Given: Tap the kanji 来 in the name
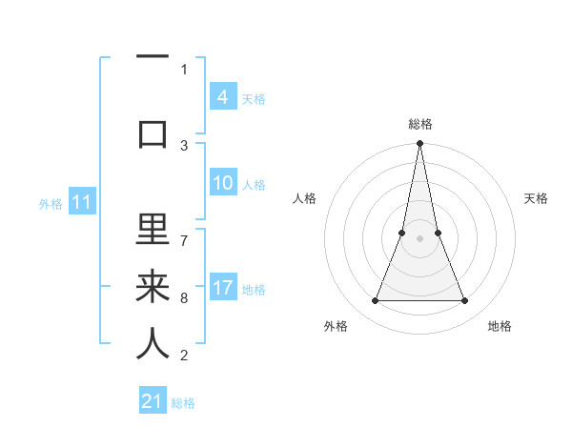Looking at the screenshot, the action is pyautogui.click(x=153, y=287).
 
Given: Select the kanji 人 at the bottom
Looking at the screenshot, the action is pyautogui.click(x=153, y=343).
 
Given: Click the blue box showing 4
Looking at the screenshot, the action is pyautogui.click(x=222, y=96).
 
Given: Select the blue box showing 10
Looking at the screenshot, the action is pyautogui.click(x=223, y=183).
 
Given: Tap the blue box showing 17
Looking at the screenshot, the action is pyautogui.click(x=223, y=288).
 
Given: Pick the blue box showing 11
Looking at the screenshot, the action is pyautogui.click(x=81, y=202).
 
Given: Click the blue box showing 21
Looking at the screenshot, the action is pyautogui.click(x=153, y=401).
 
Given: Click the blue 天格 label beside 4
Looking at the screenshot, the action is pyautogui.click(x=254, y=98).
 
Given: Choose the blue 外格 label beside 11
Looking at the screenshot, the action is pyautogui.click(x=51, y=203).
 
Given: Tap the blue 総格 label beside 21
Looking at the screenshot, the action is pyautogui.click(x=183, y=403).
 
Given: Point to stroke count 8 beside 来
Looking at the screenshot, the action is pyautogui.click(x=184, y=298).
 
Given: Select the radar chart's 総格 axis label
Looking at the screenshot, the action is pyautogui.click(x=419, y=124).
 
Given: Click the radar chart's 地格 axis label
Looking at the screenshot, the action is pyautogui.click(x=500, y=326).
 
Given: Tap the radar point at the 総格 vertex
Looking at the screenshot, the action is pyautogui.click(x=419, y=143).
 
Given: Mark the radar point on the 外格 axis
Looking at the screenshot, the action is pyautogui.click(x=375, y=301).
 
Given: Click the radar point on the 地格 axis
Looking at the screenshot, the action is pyautogui.click(x=465, y=301).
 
